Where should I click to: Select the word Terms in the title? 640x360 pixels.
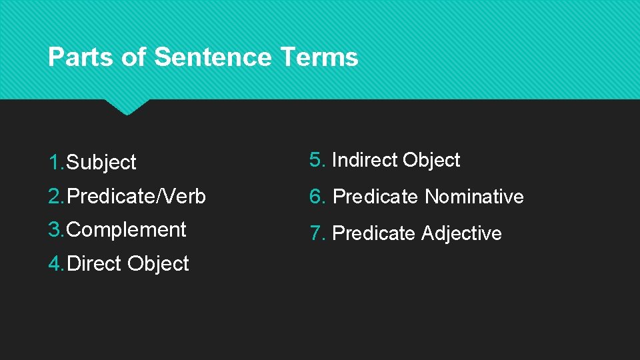(319, 57)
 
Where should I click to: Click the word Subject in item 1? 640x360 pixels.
(102, 162)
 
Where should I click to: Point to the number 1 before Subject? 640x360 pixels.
(54, 161)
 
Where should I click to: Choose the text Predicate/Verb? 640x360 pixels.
(137, 197)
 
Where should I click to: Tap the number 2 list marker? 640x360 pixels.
(55, 196)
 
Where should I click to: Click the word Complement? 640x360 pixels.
(127, 230)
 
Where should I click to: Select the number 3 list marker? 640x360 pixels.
(55, 229)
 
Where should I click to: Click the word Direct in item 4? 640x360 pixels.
(95, 263)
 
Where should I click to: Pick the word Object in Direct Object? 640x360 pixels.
(158, 263)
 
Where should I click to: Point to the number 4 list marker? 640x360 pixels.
(55, 263)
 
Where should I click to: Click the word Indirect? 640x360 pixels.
(364, 160)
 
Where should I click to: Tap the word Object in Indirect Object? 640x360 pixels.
(431, 160)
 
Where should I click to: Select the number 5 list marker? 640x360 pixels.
(315, 160)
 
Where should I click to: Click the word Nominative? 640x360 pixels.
(475, 197)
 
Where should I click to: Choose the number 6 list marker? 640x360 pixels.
(315, 196)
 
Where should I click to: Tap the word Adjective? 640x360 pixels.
(461, 233)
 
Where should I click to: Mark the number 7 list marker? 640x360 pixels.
(315, 233)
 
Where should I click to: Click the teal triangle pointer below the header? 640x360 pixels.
(127, 107)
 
